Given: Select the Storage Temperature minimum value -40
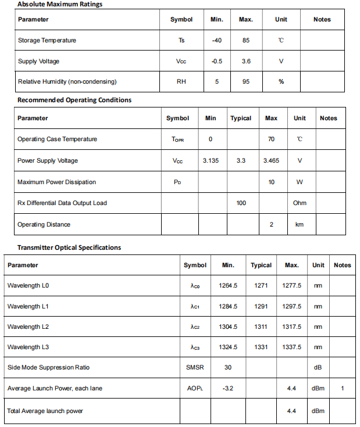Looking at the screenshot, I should click(216, 40).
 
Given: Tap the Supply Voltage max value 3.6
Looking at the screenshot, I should click(245, 61).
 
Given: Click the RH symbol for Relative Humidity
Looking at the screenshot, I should click(181, 82).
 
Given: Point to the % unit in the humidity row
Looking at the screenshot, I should click(281, 82).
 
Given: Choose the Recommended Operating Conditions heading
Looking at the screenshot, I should click(74, 100).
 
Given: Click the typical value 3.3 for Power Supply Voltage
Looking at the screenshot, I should click(241, 160).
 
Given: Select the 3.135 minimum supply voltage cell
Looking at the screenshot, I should click(211, 160).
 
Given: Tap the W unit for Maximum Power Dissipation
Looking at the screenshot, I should click(300, 182).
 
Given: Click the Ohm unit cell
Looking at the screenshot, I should click(300, 203).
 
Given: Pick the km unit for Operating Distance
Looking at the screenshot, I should click(300, 224).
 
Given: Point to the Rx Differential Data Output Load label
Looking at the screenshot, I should click(62, 203).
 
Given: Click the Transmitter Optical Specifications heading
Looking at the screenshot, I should click(69, 247).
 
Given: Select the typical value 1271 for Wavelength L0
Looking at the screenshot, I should click(261, 285).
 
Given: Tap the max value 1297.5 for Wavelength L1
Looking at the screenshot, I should click(291, 306).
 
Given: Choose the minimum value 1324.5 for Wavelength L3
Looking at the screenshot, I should click(228, 347).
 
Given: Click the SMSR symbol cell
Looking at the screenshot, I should click(195, 367).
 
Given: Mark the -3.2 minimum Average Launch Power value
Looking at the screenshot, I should click(228, 388).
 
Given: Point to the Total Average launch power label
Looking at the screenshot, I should click(45, 411).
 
